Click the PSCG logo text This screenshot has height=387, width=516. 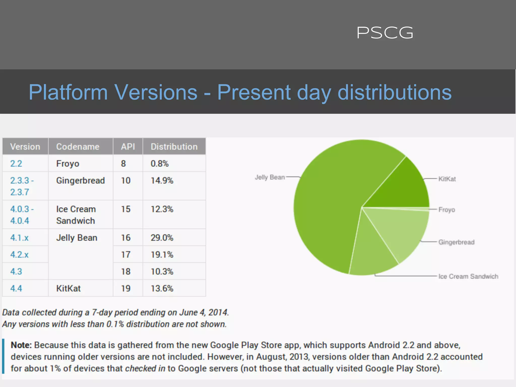385,33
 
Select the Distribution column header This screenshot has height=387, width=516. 174,147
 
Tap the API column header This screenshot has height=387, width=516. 128,147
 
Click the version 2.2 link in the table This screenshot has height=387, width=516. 16,164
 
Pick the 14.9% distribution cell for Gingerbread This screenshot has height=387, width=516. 162,181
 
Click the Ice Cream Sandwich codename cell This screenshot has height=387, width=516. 76,215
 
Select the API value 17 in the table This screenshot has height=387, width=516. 126,254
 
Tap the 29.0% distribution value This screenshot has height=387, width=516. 162,238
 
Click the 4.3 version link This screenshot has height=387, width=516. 16,271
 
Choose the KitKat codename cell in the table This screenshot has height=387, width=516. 69,288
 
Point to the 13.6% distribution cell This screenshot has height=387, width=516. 162,288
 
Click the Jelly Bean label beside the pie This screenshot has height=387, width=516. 270,177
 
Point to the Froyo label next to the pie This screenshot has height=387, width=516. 446,210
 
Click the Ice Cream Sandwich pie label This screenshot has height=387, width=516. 468,276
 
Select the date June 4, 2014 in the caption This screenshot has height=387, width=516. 204,312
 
